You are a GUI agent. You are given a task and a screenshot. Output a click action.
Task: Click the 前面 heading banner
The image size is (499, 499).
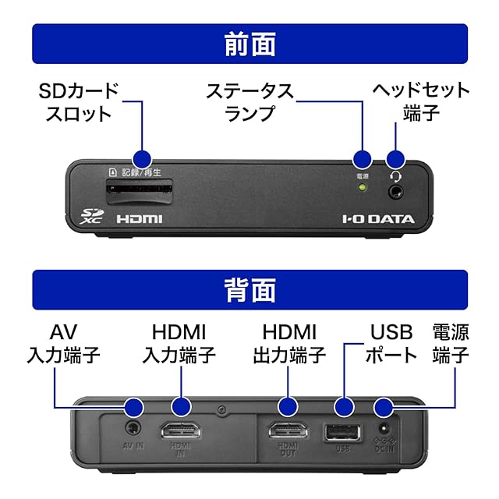(249, 44)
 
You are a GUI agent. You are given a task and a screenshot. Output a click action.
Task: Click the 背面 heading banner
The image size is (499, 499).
(249, 290)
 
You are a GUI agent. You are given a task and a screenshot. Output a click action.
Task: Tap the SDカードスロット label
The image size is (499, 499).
(78, 102)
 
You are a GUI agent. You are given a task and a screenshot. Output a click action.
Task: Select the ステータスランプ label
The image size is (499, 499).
(249, 102)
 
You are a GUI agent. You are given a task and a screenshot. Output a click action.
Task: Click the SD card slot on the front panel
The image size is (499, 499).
(140, 189)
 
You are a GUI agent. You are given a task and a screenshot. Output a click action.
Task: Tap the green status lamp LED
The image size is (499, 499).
(362, 188)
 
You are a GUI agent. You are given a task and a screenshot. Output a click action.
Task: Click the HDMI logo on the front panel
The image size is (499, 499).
(140, 219)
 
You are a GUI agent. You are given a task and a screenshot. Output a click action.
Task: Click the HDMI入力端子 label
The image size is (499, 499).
(179, 344)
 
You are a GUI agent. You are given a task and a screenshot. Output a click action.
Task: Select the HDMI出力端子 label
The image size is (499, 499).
(288, 344)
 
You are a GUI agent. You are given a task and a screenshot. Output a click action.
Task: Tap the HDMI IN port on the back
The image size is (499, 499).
(180, 431)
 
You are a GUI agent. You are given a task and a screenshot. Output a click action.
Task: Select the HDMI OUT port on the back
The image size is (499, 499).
(288, 431)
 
